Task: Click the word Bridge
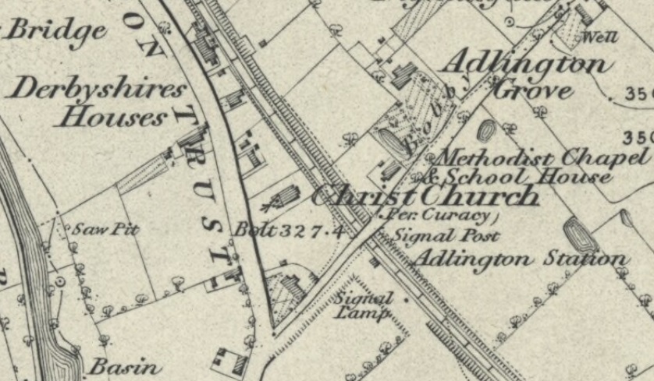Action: (x=56, y=31)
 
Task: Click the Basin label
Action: (x=125, y=366)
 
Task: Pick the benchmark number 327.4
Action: (x=312, y=230)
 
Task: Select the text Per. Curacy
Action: (x=439, y=215)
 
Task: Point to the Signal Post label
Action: (x=446, y=234)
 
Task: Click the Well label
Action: (x=600, y=37)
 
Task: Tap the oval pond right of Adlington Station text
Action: (x=580, y=234)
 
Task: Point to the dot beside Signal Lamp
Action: (x=406, y=298)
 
